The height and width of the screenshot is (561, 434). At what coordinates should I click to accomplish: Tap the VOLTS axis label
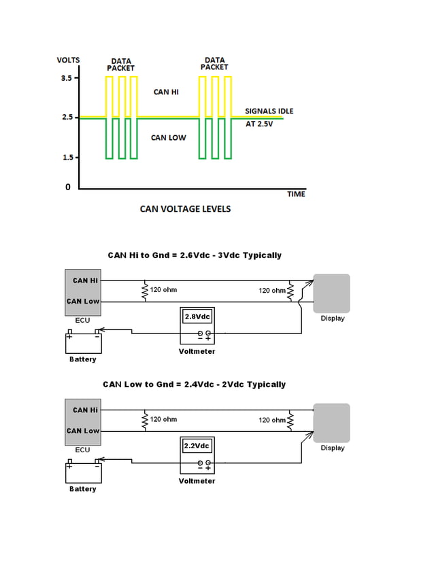tap(68, 60)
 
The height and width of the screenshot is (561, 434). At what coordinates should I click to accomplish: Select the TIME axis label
tap(296, 194)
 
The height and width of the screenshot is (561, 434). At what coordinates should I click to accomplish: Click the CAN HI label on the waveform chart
tap(166, 92)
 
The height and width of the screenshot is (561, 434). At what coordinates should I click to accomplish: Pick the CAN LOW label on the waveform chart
tap(168, 138)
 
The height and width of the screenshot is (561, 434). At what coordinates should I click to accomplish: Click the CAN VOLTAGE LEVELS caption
tap(185, 209)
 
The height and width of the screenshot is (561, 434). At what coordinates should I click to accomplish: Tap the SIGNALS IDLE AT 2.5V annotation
tap(269, 117)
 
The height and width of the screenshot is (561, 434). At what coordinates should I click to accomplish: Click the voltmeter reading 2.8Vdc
tap(197, 316)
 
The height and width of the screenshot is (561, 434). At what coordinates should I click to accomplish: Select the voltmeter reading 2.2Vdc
tap(197, 446)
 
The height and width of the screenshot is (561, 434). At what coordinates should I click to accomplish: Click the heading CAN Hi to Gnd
tap(195, 255)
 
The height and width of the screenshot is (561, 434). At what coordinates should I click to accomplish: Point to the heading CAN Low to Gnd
tap(195, 384)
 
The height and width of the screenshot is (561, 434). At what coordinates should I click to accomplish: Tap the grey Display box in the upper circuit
tap(331, 293)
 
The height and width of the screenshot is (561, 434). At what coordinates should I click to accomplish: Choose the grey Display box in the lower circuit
tap(331, 423)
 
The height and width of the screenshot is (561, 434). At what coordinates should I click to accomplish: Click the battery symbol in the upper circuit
tap(83, 342)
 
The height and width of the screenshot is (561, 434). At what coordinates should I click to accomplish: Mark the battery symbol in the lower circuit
tap(83, 472)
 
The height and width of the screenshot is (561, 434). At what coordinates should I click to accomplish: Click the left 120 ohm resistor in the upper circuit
tap(144, 291)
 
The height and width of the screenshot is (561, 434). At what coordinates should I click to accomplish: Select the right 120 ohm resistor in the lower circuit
tap(290, 420)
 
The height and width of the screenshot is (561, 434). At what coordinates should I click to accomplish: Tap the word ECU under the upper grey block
tap(82, 320)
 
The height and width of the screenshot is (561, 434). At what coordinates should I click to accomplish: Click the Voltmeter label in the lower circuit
tap(197, 481)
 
